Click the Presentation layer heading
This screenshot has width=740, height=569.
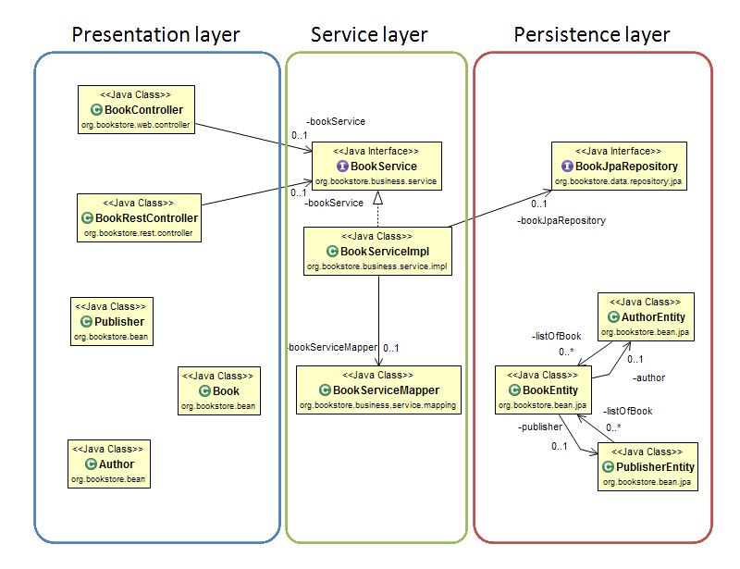[x=155, y=35]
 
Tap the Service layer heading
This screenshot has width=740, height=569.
[x=369, y=35]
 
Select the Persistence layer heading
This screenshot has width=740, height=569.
[x=592, y=35]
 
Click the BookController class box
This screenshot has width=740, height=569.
[x=136, y=110]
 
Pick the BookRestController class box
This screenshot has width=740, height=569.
[x=139, y=217]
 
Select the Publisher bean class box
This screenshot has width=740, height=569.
[x=113, y=321]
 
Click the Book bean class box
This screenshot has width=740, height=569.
[x=218, y=390]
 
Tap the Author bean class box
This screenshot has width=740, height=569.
[x=109, y=464]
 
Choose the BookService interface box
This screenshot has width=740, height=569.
[x=376, y=166]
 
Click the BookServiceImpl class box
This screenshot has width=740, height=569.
[x=377, y=251]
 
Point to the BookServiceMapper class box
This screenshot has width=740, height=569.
[x=378, y=390]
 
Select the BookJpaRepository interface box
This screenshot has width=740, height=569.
[x=619, y=166]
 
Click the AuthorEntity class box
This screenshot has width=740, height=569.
[x=645, y=315]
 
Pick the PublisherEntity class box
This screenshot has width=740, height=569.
[x=646, y=466]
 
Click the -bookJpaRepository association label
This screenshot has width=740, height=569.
[x=561, y=221]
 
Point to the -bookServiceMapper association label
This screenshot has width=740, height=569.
[x=332, y=347]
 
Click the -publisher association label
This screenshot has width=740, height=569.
[x=540, y=427]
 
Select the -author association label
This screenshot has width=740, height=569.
[x=648, y=377]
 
